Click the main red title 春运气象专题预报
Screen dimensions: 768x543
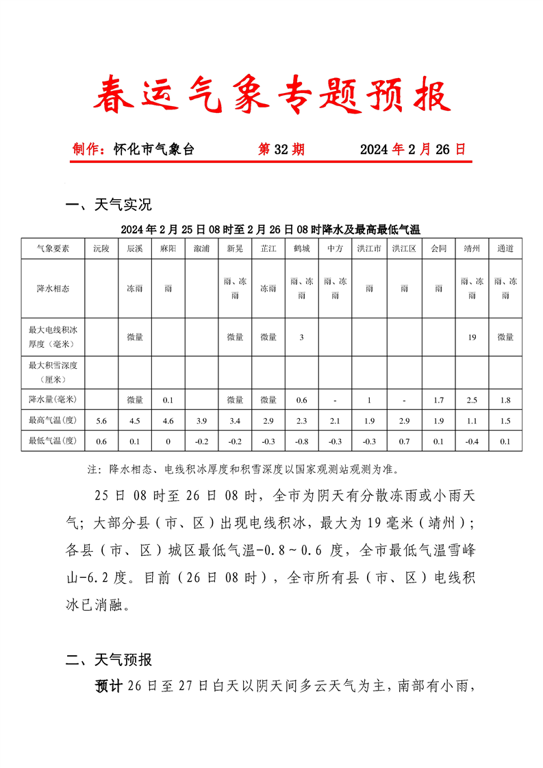[272, 95]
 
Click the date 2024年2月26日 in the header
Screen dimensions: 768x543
[413, 149]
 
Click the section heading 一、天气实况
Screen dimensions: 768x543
[108, 204]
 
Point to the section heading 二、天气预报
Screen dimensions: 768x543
[108, 660]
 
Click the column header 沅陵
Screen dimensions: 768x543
[101, 248]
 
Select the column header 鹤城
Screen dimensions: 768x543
[301, 248]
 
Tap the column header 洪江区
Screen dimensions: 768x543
[404, 248]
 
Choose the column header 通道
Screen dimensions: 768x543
[505, 248]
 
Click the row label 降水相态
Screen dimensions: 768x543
[53, 289]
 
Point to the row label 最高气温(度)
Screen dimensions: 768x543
[53, 420]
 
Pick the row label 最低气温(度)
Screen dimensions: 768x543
[53, 441]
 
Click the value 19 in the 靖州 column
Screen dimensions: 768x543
[472, 337]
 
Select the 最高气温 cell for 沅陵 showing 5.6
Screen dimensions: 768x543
[101, 420]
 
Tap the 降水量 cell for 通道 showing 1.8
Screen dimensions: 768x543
[505, 400]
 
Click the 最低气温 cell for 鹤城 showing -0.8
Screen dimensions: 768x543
[301, 441]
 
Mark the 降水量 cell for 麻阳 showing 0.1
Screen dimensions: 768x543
[168, 400]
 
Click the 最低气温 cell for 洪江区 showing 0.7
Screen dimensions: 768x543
[404, 441]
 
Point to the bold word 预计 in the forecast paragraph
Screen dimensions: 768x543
[109, 685]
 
